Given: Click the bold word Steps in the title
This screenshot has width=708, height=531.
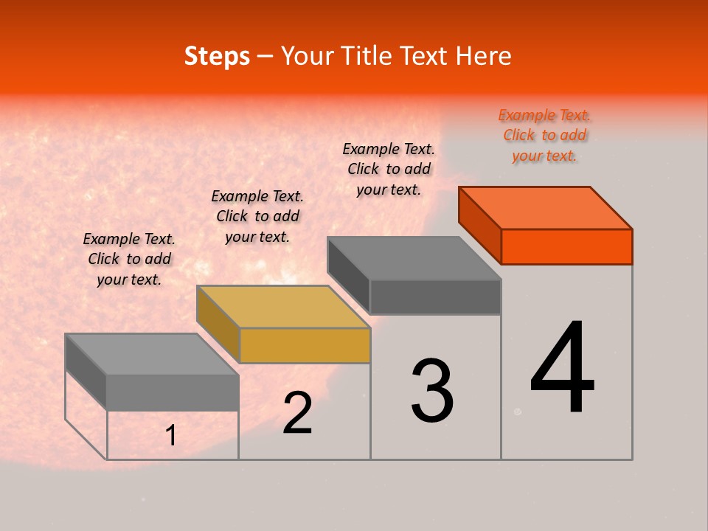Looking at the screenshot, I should (217, 56).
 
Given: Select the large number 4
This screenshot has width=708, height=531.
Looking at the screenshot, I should (562, 369).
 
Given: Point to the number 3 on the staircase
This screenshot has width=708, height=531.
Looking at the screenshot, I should (432, 391).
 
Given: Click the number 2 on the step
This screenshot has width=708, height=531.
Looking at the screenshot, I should (297, 414).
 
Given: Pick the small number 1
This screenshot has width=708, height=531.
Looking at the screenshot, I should (171, 436).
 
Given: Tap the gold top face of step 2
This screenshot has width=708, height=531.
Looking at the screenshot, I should (283, 306).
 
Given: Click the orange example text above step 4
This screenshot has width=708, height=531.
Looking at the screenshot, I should (544, 136).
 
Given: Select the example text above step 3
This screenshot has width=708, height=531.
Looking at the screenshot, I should (389, 169).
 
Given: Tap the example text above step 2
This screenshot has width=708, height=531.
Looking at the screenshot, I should (257, 216).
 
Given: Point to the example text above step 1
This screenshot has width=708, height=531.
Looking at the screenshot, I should (129, 259).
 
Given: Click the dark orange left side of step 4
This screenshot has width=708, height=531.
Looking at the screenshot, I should (480, 225).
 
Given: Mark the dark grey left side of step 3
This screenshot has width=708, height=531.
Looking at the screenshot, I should (349, 275).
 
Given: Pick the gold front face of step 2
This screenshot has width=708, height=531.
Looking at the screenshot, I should (305, 346).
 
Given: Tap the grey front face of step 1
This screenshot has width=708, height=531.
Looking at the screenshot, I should (173, 392).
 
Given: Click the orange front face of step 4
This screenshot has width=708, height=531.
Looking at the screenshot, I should (566, 246).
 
